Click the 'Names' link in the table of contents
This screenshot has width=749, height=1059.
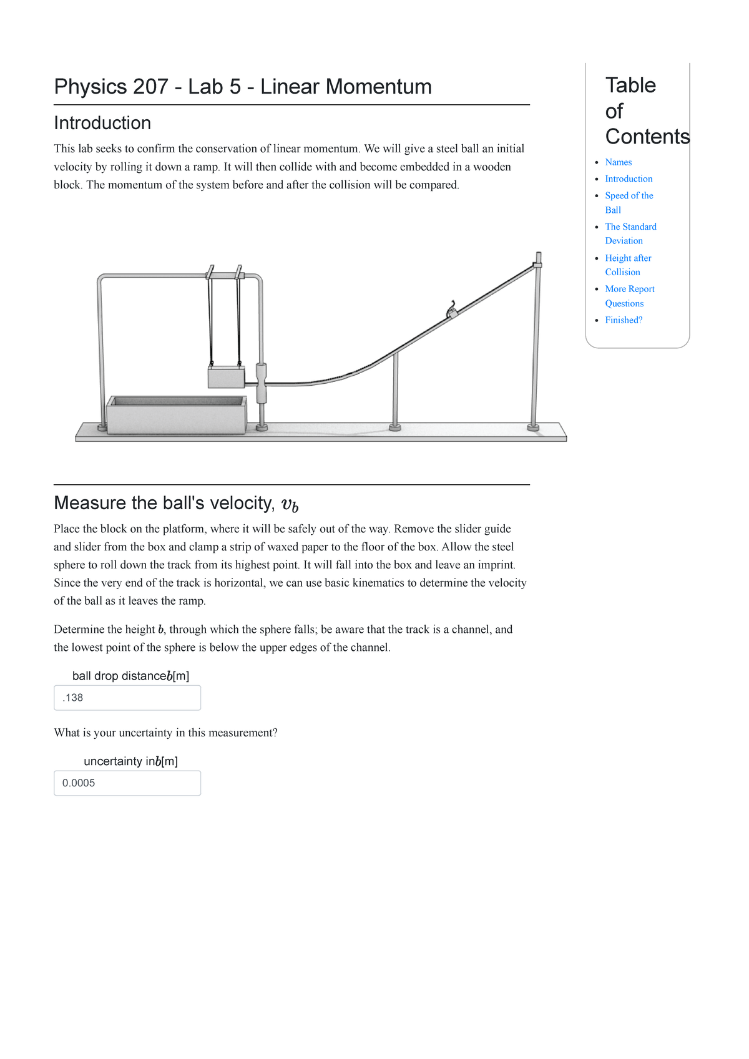coord(618,162)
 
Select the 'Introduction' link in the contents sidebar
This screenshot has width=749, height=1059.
coord(629,179)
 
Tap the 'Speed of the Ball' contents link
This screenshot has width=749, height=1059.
coord(629,196)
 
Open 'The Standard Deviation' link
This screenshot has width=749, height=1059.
coord(630,227)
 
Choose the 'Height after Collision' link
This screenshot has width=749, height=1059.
coord(628,258)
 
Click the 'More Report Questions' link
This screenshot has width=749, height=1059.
coord(629,290)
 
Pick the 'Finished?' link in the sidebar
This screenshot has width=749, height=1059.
coord(624,320)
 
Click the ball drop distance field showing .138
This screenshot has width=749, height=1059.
coord(127,698)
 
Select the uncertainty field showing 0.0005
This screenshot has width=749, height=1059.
coord(127,783)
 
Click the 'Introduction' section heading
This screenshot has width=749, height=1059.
coord(102,123)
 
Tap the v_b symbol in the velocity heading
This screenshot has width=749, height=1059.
coord(290,504)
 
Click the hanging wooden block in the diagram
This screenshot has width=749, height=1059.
coord(226,378)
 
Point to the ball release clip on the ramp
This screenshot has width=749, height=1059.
coord(451,310)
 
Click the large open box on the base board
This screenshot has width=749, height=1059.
coord(176,415)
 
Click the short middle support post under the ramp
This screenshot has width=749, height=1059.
coord(395,390)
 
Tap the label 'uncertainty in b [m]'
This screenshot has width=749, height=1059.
coord(130,761)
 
